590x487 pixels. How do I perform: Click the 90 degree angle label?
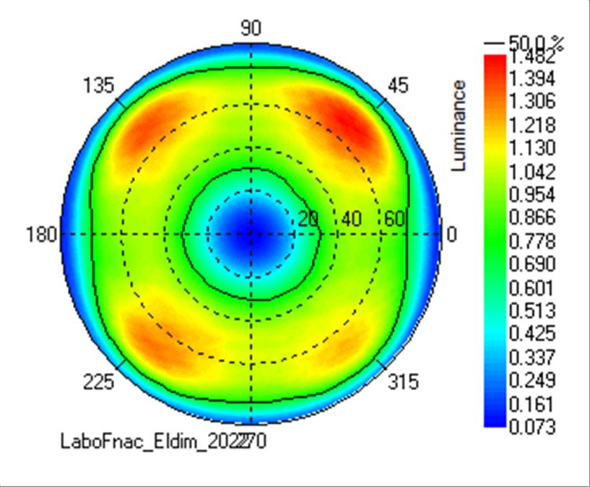click(x=251, y=28)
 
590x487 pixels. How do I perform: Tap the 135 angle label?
click(x=99, y=86)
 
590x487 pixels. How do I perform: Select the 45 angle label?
click(x=398, y=86)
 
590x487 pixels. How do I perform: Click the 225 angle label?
click(x=99, y=382)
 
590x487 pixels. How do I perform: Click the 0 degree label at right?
click(x=452, y=235)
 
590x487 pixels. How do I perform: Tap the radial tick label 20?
click(x=308, y=219)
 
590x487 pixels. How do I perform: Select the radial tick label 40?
click(x=352, y=219)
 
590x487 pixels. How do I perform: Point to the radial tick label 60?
click(x=394, y=219)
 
